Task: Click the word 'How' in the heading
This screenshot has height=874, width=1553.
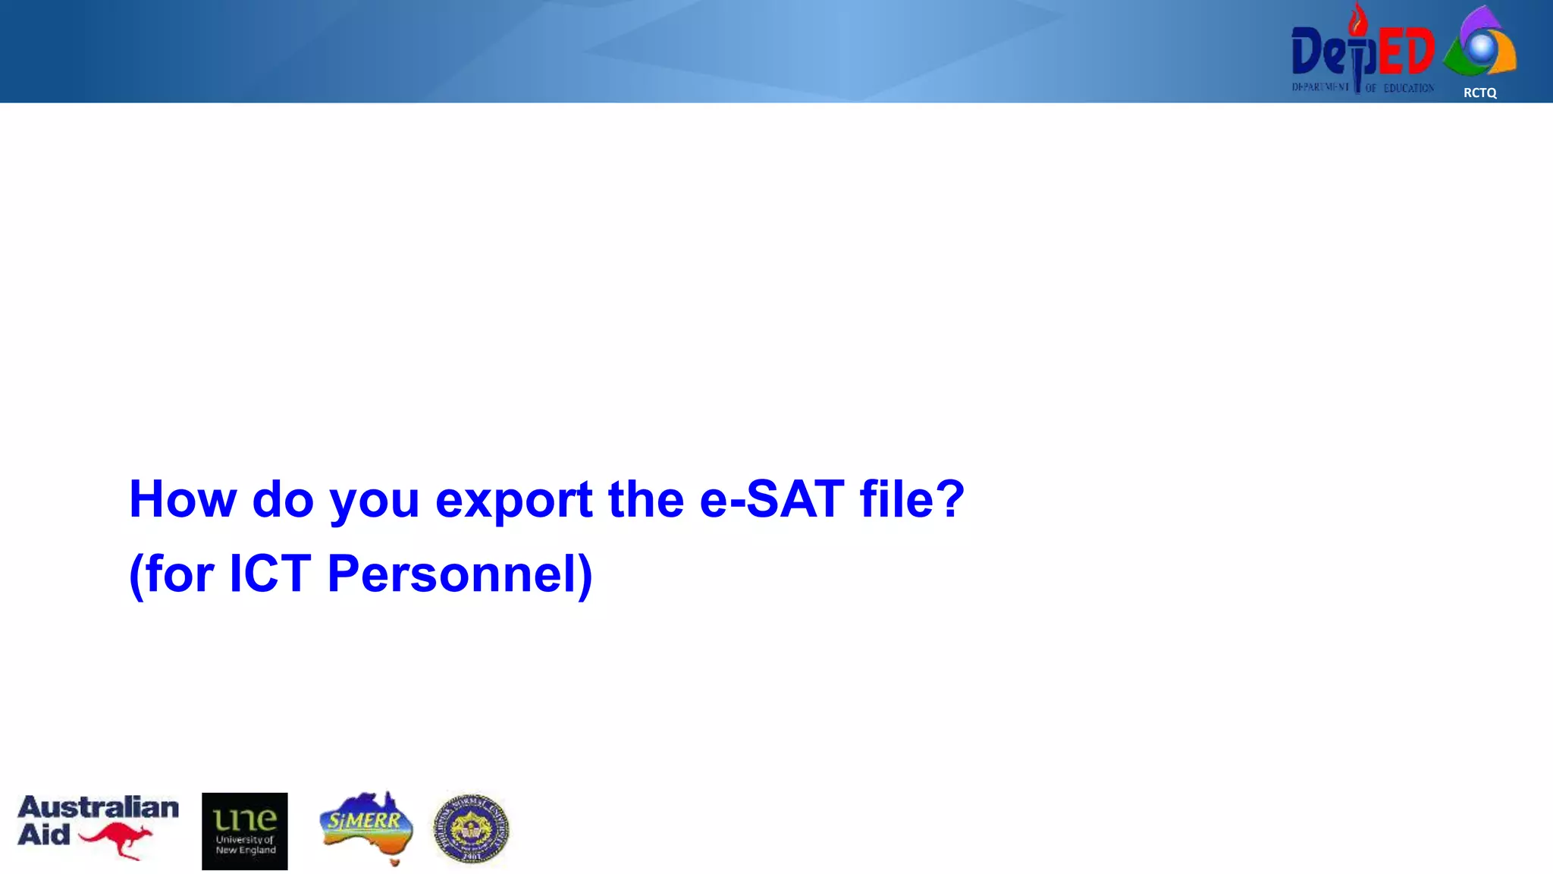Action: tap(183, 500)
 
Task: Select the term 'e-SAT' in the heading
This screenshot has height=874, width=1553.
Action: tap(771, 500)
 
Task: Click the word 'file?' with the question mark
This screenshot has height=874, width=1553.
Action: tap(912, 500)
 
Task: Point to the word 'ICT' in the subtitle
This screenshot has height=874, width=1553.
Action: tap(269, 574)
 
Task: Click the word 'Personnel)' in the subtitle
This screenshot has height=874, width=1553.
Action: tap(460, 574)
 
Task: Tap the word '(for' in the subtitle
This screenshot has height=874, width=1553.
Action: tap(171, 574)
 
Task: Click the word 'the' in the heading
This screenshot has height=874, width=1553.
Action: tap(645, 500)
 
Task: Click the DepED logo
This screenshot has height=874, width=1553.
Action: tap(1363, 52)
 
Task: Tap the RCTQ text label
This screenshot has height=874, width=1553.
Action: tap(1479, 93)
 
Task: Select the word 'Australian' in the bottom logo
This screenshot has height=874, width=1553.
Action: tap(99, 807)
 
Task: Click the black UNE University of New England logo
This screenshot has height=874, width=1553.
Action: tap(244, 831)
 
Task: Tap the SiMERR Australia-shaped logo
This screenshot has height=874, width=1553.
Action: tap(367, 827)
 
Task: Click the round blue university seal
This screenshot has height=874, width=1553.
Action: tap(471, 829)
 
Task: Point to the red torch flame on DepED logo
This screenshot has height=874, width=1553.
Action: tap(1357, 20)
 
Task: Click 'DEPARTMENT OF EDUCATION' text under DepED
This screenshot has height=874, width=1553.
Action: tap(1363, 88)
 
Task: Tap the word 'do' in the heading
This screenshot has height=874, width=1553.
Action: tap(282, 500)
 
